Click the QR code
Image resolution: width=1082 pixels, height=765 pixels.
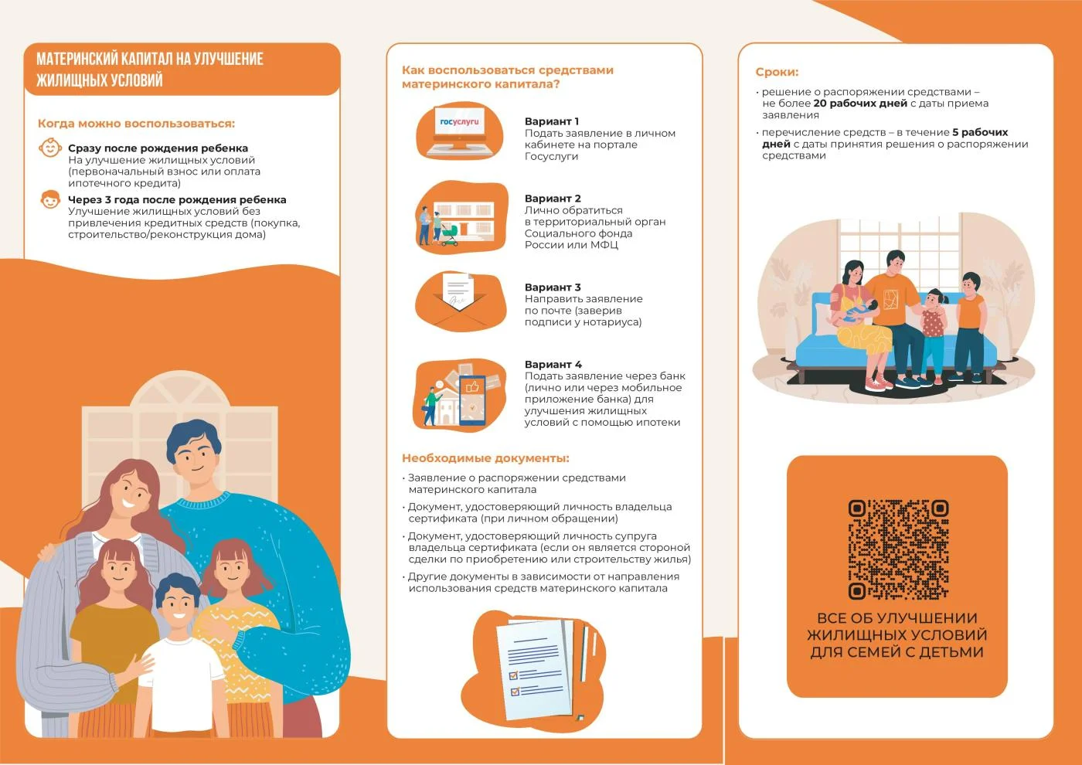[x=898, y=549]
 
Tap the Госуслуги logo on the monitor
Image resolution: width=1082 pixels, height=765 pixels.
[x=459, y=121]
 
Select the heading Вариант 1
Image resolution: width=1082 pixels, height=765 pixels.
[x=552, y=121]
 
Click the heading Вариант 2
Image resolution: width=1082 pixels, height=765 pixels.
[x=553, y=199]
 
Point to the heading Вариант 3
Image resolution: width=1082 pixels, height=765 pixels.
[x=553, y=287]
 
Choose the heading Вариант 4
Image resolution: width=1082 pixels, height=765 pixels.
[x=553, y=364]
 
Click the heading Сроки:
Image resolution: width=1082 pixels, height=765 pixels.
[x=777, y=72]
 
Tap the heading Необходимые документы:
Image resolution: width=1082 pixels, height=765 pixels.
[x=485, y=458]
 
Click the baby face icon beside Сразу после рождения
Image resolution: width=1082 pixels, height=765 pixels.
[x=50, y=148]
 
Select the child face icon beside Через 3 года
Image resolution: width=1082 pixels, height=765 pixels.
[x=50, y=199]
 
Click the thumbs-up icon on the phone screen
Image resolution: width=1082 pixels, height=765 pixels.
[x=472, y=386]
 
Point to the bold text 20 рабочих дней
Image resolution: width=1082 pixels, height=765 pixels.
[x=859, y=104]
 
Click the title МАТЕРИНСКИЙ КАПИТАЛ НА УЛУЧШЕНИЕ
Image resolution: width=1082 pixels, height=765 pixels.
[x=150, y=59]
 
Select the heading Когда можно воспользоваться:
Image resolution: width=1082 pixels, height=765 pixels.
[x=136, y=124]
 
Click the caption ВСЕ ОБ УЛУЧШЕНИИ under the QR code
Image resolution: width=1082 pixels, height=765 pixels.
[x=897, y=618]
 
